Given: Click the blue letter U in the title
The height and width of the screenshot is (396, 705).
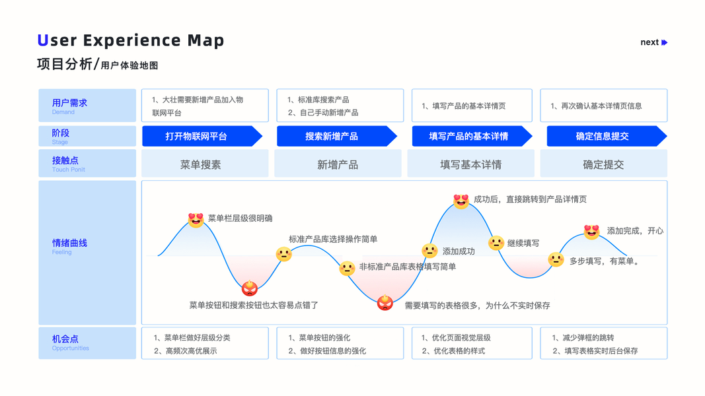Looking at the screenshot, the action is [x=43, y=41].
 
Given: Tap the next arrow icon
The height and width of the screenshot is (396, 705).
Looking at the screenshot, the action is [x=664, y=42].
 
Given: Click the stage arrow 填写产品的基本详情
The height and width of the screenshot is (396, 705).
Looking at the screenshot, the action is [x=470, y=137].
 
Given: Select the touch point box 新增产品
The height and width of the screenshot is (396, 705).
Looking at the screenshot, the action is [x=338, y=164].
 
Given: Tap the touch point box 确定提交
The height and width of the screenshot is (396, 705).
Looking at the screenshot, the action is [x=603, y=164].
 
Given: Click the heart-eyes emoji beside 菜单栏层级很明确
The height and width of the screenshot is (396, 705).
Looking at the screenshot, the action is [x=196, y=220].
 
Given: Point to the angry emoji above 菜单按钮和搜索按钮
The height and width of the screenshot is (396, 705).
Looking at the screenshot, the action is [x=250, y=288].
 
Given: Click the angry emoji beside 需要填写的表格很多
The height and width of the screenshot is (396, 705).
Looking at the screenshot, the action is [x=385, y=303].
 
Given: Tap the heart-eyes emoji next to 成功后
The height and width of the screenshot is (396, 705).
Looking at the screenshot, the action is [x=461, y=201].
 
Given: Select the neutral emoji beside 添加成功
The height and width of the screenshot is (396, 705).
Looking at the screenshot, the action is [x=429, y=251].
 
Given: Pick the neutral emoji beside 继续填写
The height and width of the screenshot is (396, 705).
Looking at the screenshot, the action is [x=496, y=243].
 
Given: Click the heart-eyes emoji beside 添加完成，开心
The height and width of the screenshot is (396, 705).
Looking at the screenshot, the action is [x=591, y=231].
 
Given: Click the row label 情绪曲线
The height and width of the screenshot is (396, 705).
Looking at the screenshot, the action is [x=69, y=244].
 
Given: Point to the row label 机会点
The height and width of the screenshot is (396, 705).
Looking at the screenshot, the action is [x=65, y=339].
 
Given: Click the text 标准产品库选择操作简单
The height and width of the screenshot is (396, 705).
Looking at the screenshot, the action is [x=333, y=239].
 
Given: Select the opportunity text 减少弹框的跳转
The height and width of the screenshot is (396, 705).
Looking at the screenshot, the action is [x=587, y=337].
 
